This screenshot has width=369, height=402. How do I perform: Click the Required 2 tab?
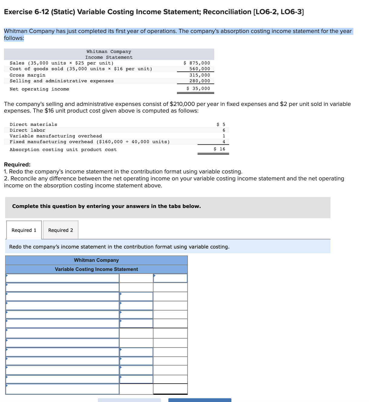60,230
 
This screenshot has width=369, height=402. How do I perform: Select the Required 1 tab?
24,230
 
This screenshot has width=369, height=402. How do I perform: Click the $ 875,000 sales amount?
197,63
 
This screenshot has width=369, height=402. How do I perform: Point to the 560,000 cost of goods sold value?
200,69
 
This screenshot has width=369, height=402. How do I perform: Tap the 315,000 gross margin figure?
200,75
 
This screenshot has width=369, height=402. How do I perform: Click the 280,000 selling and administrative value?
200,81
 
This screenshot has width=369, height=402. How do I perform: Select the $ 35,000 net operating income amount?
198,88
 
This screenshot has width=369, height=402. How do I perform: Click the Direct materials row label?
33,124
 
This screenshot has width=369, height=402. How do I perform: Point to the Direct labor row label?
27,130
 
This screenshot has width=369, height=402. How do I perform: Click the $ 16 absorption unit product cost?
220,149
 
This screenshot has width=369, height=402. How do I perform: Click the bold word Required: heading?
17,165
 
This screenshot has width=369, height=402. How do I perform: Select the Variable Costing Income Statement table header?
96,269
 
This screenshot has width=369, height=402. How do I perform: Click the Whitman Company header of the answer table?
96,260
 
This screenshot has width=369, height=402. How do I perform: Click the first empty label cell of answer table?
62,278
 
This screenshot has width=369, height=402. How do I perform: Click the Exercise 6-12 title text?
154,12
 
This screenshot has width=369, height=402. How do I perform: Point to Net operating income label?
39,89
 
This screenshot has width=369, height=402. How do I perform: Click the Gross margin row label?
28,75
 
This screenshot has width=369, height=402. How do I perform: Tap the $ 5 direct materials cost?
221,124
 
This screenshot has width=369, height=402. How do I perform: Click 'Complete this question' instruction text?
106,206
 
